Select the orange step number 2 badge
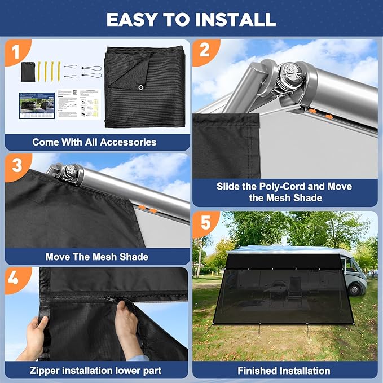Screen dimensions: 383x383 [x=204, y=51]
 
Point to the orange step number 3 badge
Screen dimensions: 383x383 [x=16, y=166]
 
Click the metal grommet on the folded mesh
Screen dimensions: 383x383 [x=138, y=87]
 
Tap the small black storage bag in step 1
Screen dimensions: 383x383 [x=28, y=72]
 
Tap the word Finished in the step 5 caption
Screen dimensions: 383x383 [x=258, y=371]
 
